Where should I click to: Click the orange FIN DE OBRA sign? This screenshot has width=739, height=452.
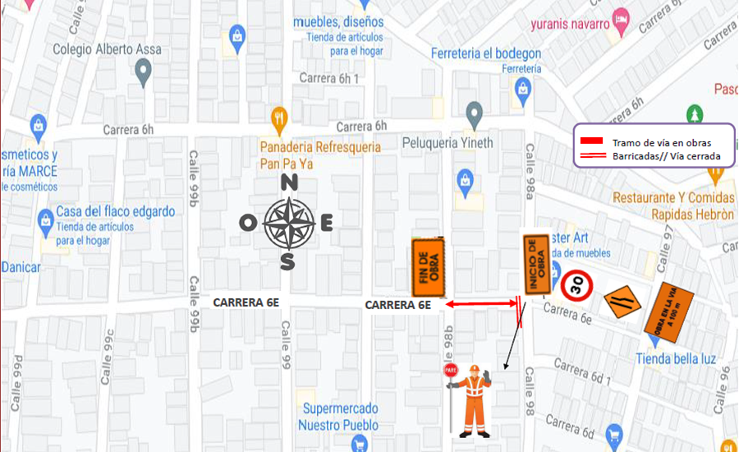428,267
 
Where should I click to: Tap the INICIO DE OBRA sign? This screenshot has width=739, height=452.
537,264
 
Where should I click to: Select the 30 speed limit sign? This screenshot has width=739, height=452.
576,285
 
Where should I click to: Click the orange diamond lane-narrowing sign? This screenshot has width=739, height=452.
622,302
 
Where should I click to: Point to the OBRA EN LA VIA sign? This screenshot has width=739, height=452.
668,311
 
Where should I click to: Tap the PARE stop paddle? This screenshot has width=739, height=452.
450,371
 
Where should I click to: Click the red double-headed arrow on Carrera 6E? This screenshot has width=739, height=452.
481,305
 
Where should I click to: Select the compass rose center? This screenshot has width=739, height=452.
288,223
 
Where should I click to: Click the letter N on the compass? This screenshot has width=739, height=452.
289,183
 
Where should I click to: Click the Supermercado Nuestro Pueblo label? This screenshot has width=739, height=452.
339,417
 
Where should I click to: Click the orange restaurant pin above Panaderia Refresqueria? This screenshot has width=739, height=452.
280,117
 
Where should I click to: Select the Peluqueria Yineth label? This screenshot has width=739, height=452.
448,142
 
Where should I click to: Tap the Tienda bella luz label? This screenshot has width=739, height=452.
675,358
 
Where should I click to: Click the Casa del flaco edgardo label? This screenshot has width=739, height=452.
115,211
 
